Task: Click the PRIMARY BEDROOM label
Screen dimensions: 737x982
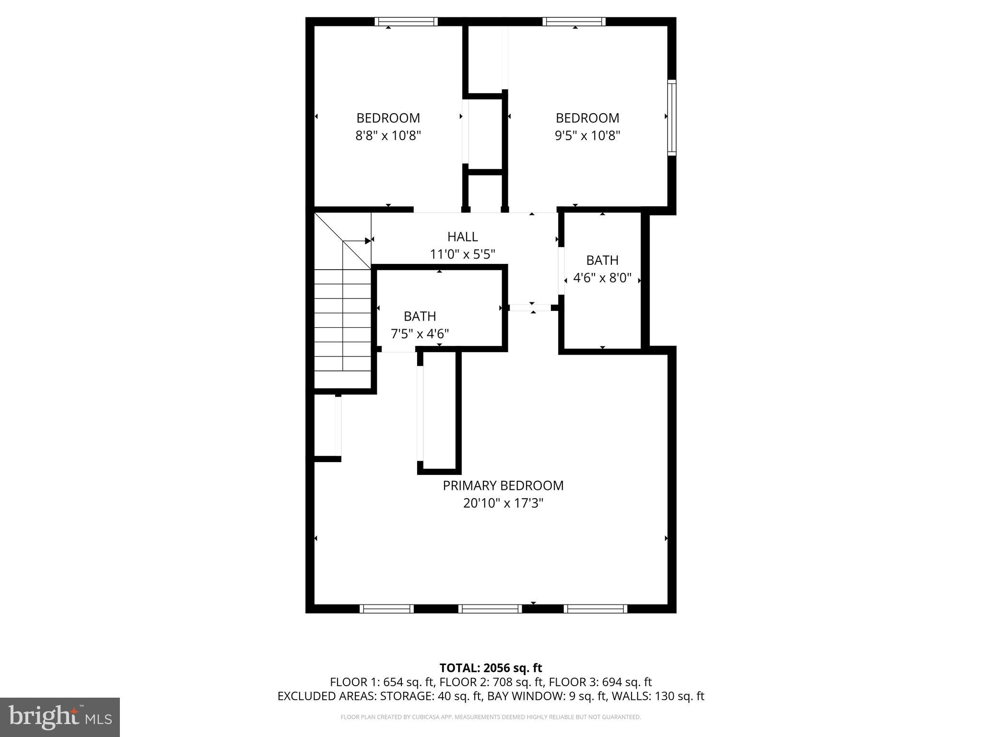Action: click(x=503, y=486)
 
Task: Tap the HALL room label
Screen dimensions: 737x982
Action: click(x=462, y=237)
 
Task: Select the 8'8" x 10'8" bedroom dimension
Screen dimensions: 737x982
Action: click(x=388, y=136)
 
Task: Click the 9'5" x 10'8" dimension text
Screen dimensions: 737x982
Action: click(x=587, y=136)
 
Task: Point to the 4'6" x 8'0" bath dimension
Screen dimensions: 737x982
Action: click(x=602, y=278)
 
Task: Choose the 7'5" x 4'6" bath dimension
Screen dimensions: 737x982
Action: click(x=420, y=333)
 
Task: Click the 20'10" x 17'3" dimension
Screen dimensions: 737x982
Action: click(x=503, y=503)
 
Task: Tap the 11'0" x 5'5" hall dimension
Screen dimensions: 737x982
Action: click(x=462, y=254)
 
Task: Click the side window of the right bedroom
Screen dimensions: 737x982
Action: click(x=672, y=118)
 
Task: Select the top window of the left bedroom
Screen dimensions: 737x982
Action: click(x=406, y=22)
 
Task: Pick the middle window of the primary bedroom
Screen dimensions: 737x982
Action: click(x=490, y=609)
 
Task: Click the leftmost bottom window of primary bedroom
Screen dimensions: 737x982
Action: click(x=386, y=609)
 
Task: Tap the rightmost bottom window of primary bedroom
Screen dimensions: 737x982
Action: click(x=595, y=609)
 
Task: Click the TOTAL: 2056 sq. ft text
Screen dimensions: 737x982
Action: click(x=491, y=668)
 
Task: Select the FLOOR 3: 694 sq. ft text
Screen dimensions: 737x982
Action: click(x=600, y=682)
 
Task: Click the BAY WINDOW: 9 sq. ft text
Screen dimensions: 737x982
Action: click(x=547, y=696)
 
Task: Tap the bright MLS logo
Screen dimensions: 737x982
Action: click(x=60, y=717)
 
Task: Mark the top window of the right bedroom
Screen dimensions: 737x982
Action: click(x=574, y=22)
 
